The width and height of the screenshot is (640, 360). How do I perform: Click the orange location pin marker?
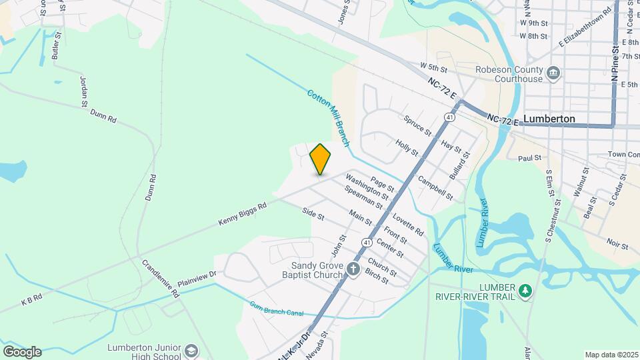pyautogui.click(x=320, y=159)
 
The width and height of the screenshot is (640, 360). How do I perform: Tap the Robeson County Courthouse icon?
pyautogui.click(x=553, y=73)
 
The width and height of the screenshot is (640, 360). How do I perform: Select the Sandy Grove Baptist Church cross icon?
pyautogui.click(x=353, y=269)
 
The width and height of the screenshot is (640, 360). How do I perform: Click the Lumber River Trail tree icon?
pyautogui.click(x=527, y=291)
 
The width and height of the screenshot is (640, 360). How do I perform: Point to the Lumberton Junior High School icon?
pyautogui.click(x=191, y=351)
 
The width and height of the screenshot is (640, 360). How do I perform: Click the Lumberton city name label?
pyautogui.click(x=549, y=119)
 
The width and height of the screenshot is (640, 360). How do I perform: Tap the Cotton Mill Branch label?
pyautogui.click(x=329, y=119)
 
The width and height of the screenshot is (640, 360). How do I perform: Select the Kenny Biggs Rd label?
pyautogui.click(x=242, y=213)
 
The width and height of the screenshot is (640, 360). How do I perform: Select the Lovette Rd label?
pyautogui.click(x=408, y=225)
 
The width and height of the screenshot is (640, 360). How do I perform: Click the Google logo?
pyautogui.click(x=21, y=352)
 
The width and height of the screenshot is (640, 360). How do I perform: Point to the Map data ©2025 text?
pyautogui.click(x=611, y=355)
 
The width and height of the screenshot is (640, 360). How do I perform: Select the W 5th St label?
pyautogui.click(x=433, y=67)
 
